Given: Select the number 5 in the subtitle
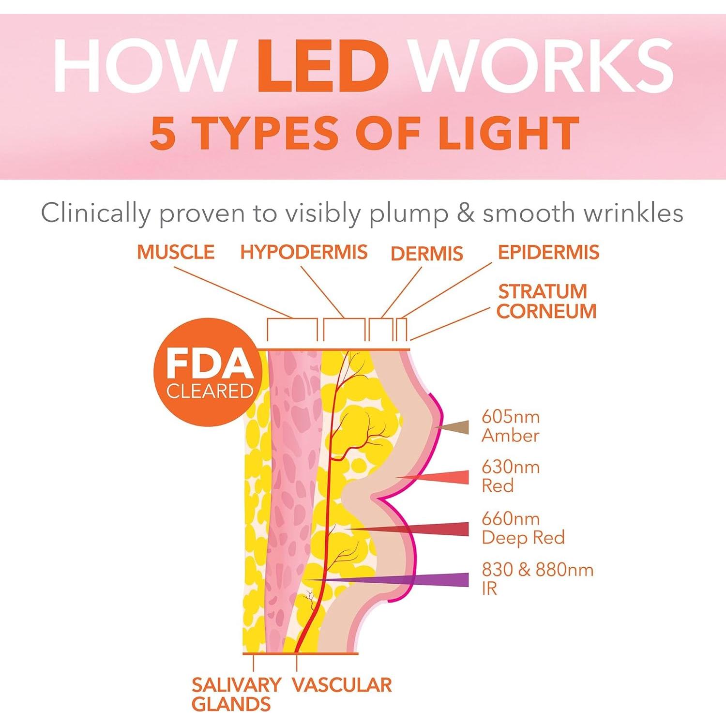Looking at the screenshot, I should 163,134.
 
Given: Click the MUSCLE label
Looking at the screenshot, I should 176,252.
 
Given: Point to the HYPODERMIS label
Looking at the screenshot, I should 304,252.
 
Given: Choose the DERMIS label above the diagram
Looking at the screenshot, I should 426,254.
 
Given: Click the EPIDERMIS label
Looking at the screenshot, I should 548,252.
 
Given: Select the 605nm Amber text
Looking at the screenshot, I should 510,426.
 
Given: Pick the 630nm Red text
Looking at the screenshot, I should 510,476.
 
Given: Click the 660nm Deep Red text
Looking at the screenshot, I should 523,528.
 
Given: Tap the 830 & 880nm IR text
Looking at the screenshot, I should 537,579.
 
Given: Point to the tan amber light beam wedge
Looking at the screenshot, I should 457,427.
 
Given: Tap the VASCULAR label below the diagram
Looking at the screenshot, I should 342,685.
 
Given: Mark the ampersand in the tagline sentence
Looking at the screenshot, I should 466,213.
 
